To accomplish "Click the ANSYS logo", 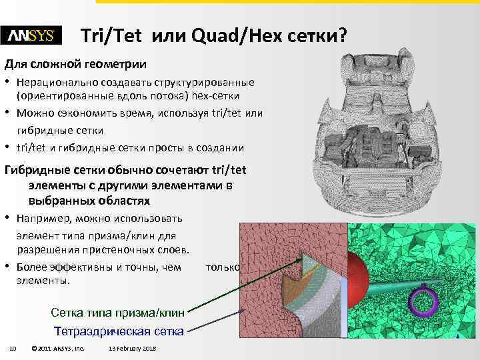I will tap(31, 35).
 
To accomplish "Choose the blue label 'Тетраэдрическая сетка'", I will tap(118, 331).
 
